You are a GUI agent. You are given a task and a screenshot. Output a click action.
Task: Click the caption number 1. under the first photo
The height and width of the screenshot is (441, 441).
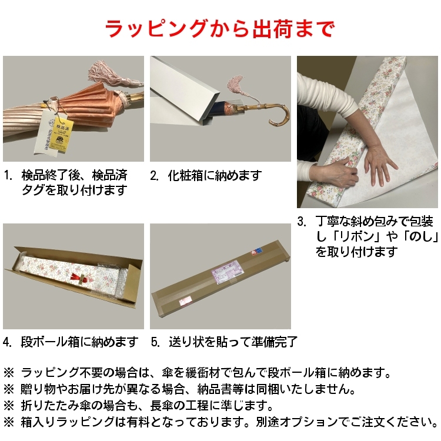click(x=8, y=175)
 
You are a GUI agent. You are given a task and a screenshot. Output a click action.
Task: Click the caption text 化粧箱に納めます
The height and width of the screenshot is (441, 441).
click(x=214, y=175)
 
